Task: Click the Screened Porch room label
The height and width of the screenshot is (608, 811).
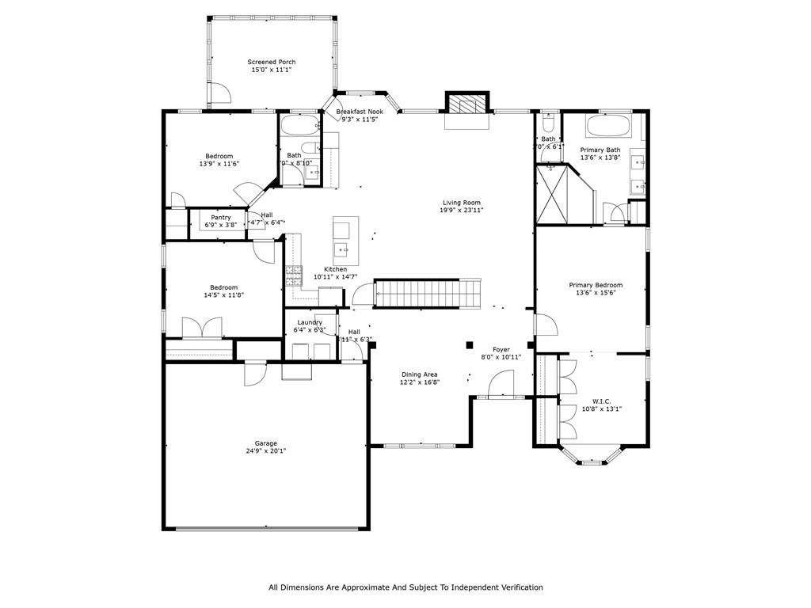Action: click(x=272, y=62)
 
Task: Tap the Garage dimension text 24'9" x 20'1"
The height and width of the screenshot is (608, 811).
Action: click(x=265, y=451)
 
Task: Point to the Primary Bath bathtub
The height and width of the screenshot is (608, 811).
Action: click(x=608, y=126)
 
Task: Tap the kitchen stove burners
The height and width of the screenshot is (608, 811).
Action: click(x=293, y=275)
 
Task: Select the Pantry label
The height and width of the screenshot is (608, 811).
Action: click(x=221, y=218)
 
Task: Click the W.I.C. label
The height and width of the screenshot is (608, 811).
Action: click(x=602, y=401)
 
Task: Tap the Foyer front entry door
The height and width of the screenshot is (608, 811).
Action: click(x=502, y=386)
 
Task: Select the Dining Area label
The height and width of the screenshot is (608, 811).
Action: click(x=419, y=374)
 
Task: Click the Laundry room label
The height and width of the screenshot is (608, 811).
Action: click(x=309, y=322)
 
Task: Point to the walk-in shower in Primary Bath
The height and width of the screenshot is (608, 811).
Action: click(x=554, y=194)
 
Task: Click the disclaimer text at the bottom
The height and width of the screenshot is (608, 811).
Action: click(x=405, y=587)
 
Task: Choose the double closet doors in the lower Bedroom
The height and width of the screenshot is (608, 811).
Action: click(x=203, y=328)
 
